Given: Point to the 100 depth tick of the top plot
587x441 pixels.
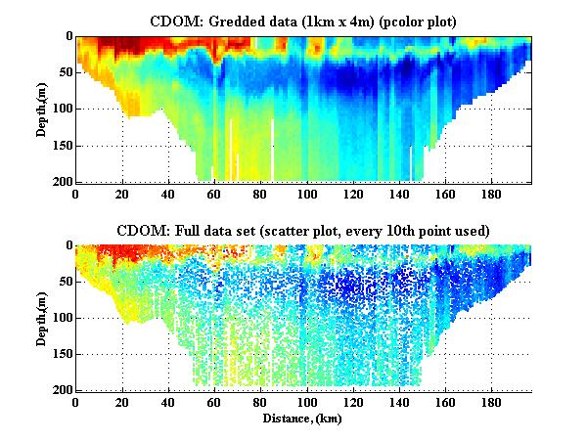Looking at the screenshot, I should tap(60, 109).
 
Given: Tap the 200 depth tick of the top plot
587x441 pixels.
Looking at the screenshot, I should tap(60, 182).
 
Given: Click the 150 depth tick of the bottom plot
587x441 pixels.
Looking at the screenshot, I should tap(60, 354).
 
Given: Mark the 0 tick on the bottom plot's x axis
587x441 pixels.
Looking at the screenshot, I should tap(76, 401).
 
